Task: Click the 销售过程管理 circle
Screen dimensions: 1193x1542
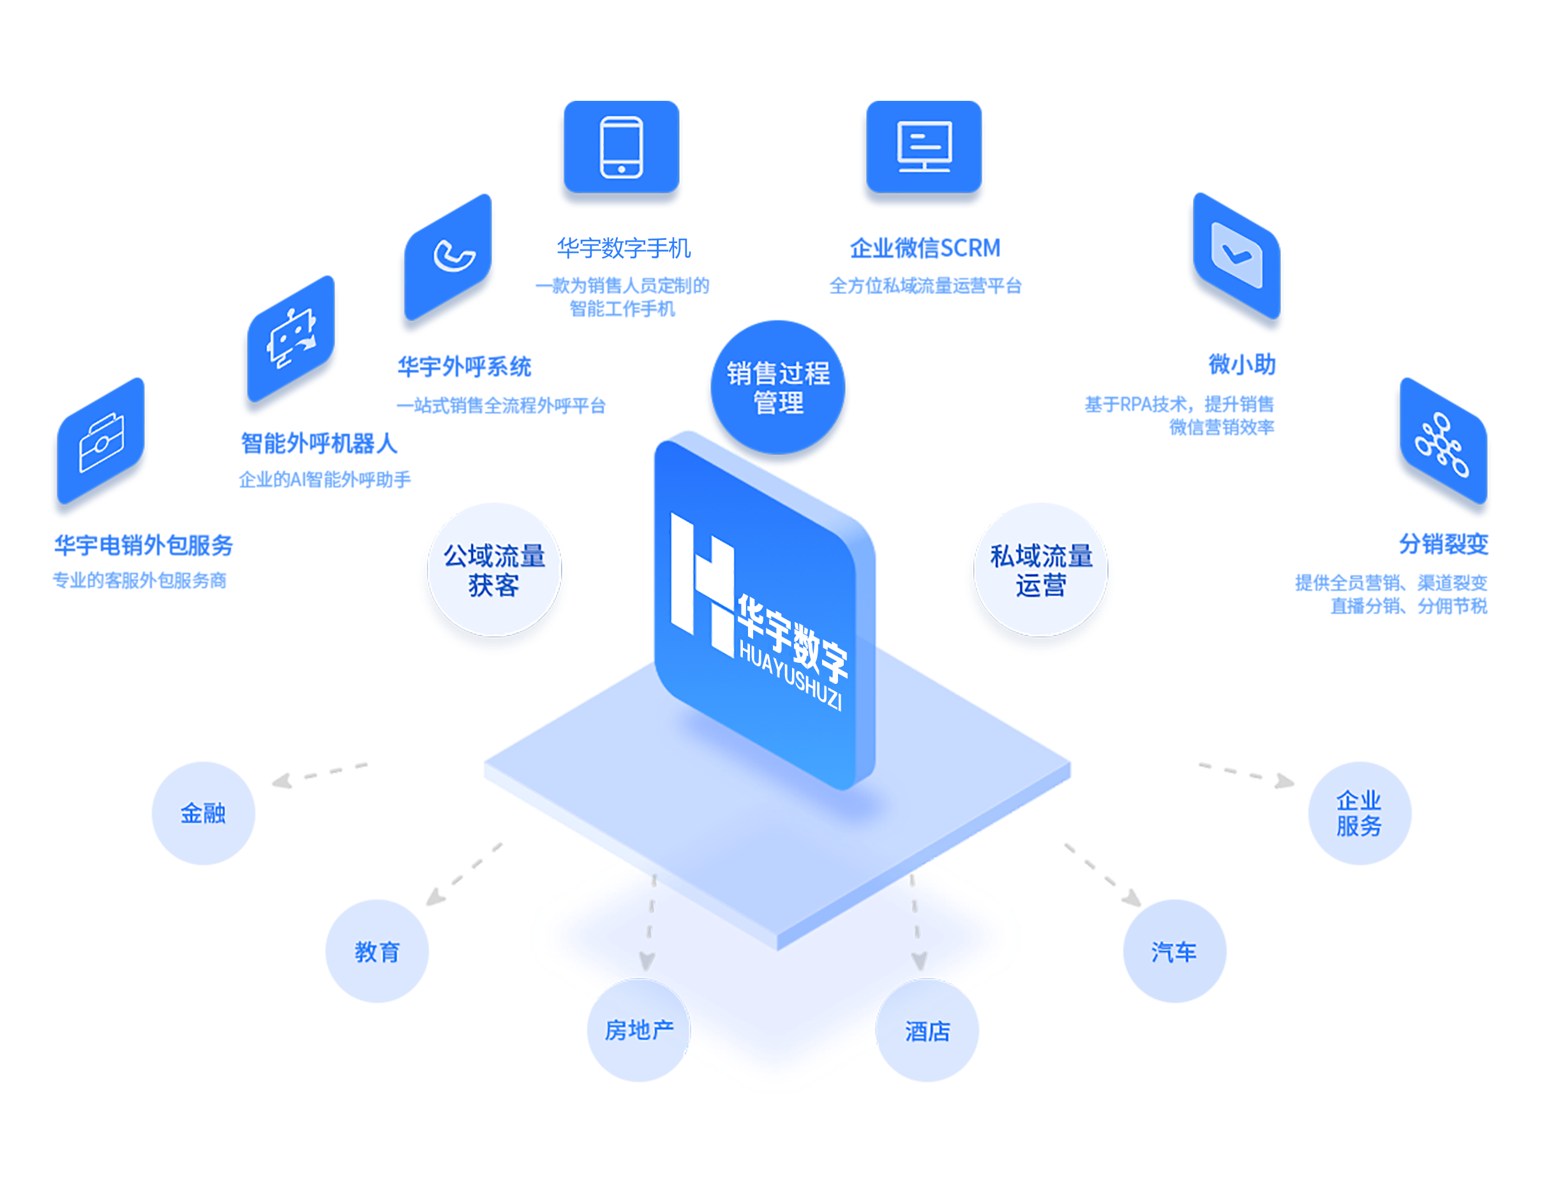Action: (778, 389)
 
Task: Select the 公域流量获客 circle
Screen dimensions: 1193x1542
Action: (494, 570)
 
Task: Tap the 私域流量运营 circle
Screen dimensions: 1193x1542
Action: (1041, 570)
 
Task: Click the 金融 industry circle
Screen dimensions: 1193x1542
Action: (204, 813)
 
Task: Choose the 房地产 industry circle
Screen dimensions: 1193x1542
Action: (639, 1030)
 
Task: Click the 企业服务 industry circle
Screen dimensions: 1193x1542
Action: (1359, 813)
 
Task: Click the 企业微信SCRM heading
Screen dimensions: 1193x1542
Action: (924, 248)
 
